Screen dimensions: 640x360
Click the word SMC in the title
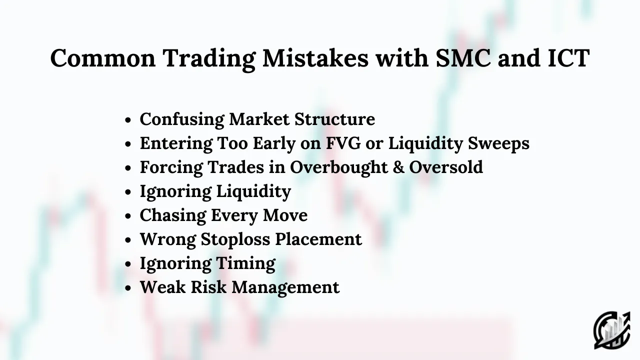point(463,58)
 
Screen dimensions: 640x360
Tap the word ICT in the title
point(568,58)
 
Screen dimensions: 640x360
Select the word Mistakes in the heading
point(315,58)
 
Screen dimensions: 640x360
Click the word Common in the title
point(103,58)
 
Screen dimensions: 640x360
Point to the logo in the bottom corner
point(612,330)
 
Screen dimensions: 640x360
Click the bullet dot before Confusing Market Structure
point(128,120)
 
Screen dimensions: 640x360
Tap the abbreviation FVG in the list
point(343,143)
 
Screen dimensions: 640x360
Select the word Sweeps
point(498,143)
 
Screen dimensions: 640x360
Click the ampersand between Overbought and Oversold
point(398,167)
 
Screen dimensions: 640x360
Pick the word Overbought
point(339,167)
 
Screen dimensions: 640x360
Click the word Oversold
point(446,167)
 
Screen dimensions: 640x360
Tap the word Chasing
point(173,215)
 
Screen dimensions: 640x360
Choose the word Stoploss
point(235,239)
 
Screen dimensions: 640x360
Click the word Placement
point(318,239)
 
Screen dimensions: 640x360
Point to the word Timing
point(245,263)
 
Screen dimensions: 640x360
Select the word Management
point(285,287)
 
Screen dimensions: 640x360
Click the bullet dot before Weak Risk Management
point(128,288)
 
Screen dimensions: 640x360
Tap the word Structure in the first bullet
point(334,119)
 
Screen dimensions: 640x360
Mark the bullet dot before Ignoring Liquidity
point(128,192)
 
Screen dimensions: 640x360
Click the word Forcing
point(171,167)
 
